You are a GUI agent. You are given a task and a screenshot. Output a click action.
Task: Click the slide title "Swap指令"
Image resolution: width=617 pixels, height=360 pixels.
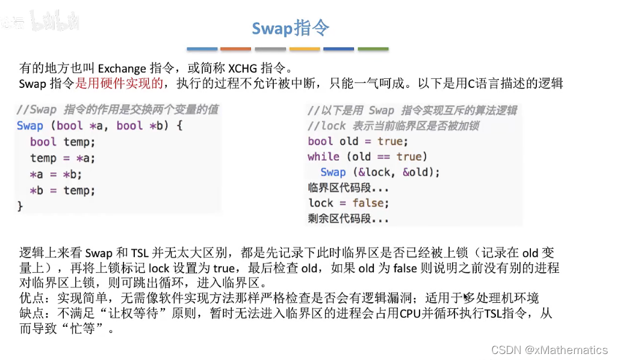[290, 28]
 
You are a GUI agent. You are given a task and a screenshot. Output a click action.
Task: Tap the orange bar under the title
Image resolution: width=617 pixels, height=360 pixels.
[235, 49]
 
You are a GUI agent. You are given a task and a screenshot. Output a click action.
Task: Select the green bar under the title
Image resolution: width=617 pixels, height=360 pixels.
[373, 49]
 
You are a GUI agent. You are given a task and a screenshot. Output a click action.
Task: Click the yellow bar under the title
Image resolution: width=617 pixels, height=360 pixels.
[305, 49]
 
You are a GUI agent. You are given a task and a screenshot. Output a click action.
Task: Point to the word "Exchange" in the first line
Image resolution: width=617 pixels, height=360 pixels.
[122, 68]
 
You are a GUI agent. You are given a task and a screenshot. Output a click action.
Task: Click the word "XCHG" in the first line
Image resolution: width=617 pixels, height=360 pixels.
[241, 68]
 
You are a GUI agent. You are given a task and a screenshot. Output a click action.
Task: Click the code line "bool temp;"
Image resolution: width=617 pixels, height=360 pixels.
[63, 142]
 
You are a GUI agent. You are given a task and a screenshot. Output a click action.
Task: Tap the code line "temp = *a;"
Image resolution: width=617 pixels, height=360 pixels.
[63, 158]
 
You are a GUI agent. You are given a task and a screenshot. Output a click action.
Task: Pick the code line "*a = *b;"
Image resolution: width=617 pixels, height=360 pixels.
[55, 175]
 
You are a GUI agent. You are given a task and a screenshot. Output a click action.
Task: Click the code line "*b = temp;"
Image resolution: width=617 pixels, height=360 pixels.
[63, 191]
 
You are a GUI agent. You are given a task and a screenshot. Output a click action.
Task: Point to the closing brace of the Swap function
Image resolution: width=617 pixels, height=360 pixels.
[20, 206]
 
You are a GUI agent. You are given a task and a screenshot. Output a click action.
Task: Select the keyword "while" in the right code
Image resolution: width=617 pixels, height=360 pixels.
[323, 157]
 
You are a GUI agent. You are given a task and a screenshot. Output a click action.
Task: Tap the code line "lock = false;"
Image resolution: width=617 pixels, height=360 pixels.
[349, 203]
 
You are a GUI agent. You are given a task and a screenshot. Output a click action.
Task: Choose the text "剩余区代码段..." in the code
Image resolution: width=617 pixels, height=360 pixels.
[348, 219]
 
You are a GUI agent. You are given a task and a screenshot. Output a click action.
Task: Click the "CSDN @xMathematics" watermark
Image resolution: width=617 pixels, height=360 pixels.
[549, 350]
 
